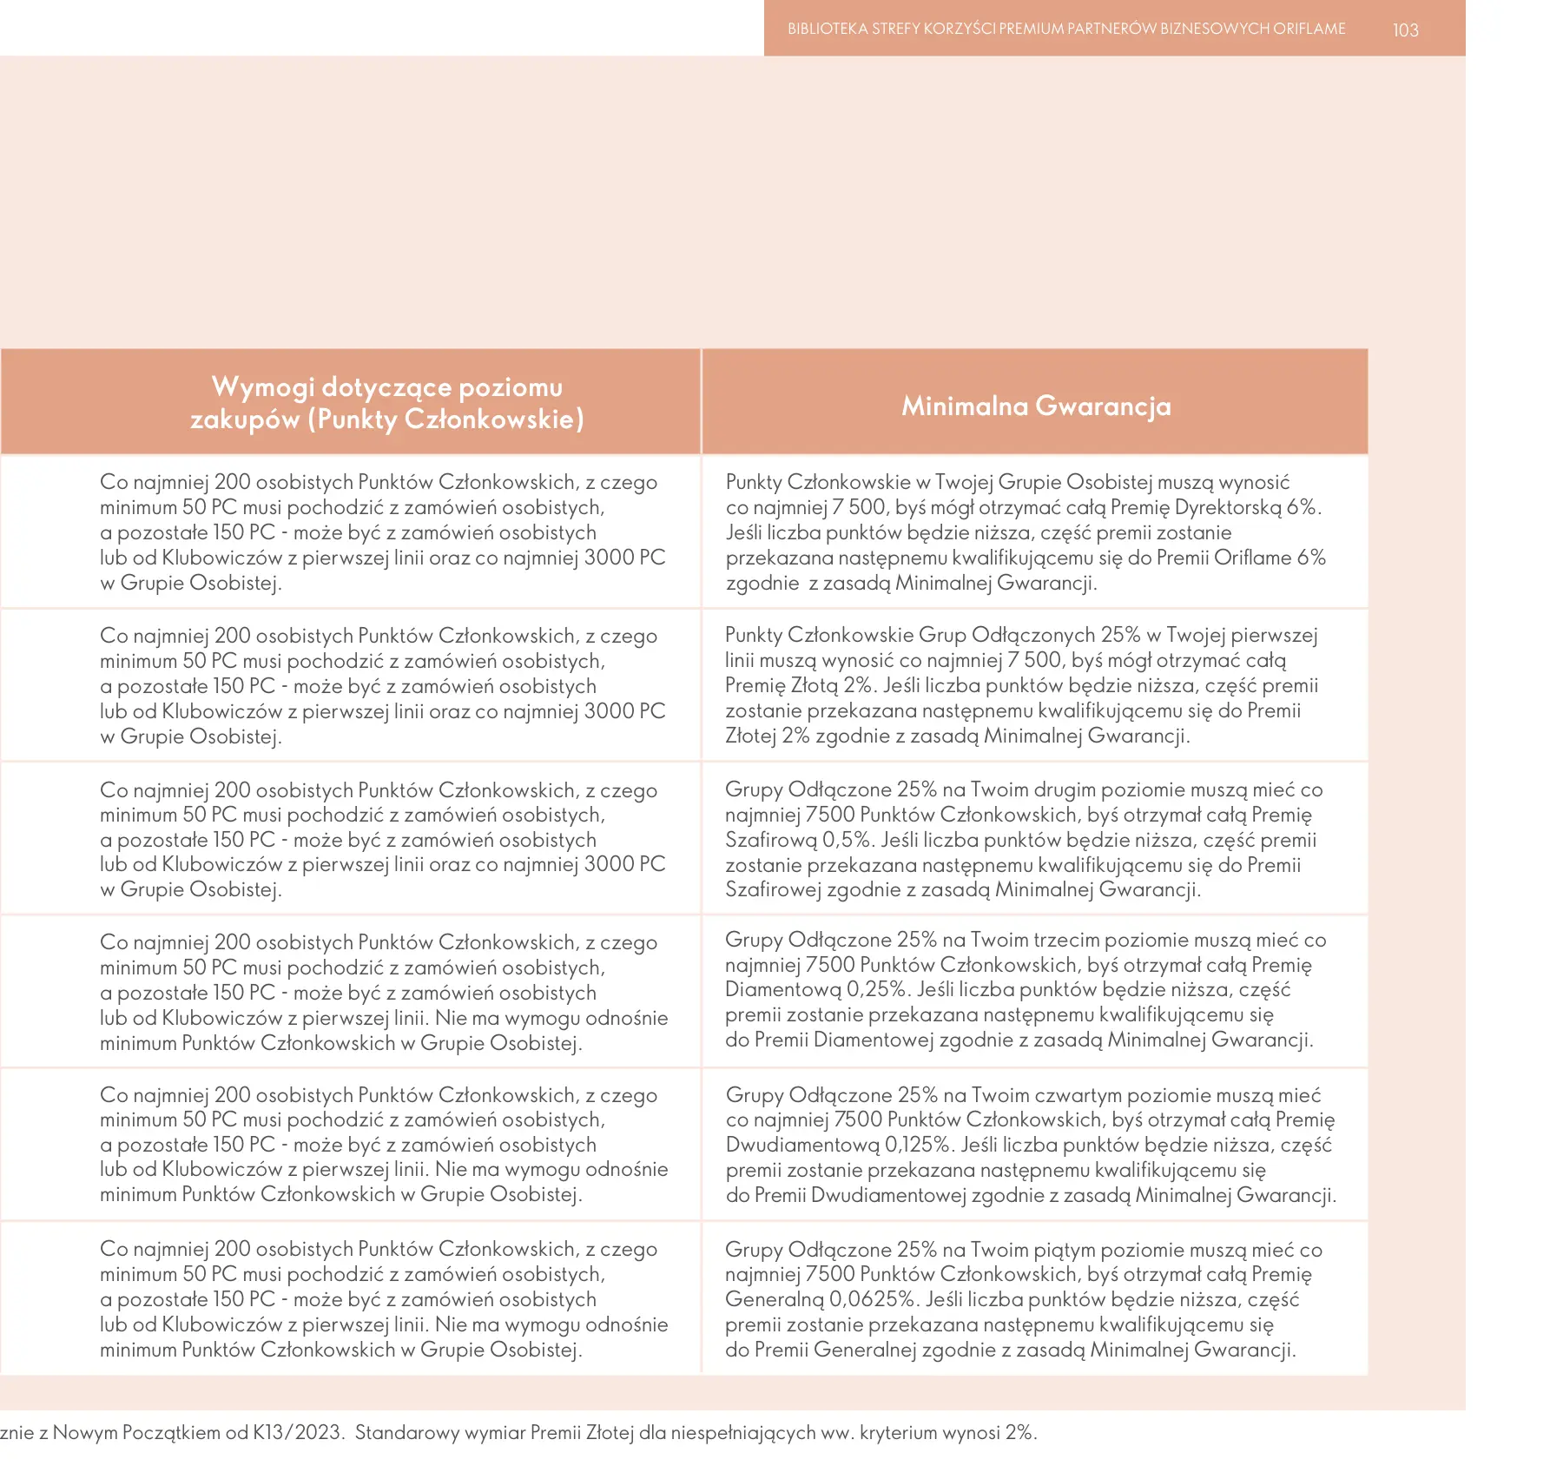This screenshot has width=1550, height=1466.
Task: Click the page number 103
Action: coord(1405,30)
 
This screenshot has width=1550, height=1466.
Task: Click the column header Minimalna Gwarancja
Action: coord(1036,406)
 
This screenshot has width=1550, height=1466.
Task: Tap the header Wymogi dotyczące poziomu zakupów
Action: coord(387,403)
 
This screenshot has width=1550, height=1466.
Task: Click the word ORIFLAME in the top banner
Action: coord(1309,29)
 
